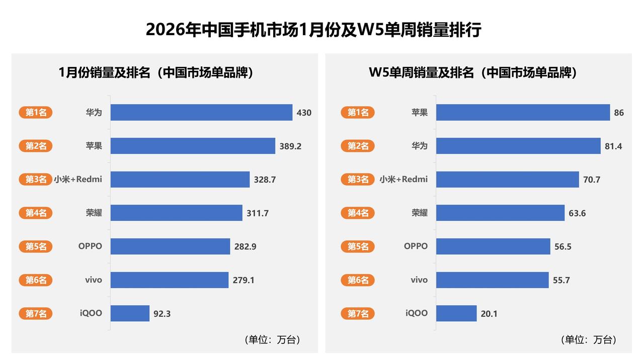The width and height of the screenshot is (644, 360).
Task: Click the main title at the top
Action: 313,30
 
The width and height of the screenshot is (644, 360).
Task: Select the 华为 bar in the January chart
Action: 201,113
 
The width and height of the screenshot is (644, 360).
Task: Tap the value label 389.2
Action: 290,146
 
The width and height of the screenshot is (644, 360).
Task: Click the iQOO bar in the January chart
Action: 130,313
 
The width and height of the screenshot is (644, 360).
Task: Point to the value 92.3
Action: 162,314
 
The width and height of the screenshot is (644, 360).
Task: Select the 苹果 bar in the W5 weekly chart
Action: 523,113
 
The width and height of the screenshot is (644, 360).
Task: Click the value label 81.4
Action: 613,146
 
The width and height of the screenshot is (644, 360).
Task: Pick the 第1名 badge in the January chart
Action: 36,113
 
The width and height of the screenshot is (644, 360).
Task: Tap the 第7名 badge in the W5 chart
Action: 358,314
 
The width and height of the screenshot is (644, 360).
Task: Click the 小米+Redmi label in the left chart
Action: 78,179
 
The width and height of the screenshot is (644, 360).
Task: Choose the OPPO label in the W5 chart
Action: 416,246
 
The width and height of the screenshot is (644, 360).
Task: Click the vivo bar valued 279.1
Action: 170,280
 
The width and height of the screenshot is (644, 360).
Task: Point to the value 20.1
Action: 489,314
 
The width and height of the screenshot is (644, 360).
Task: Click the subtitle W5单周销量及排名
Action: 472,72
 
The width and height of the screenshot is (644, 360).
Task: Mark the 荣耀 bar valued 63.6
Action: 500,213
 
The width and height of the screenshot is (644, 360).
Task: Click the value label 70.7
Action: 591,179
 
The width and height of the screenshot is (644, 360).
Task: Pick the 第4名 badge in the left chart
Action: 36,213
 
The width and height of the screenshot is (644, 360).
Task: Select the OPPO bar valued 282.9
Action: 170,246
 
